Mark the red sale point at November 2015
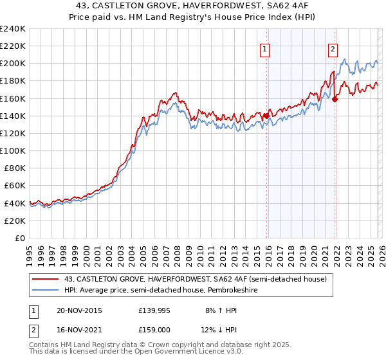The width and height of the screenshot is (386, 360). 266,116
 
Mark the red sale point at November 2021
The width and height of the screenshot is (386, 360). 335,99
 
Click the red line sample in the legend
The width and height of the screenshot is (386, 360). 45,279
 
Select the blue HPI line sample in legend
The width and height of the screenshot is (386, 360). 45,290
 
